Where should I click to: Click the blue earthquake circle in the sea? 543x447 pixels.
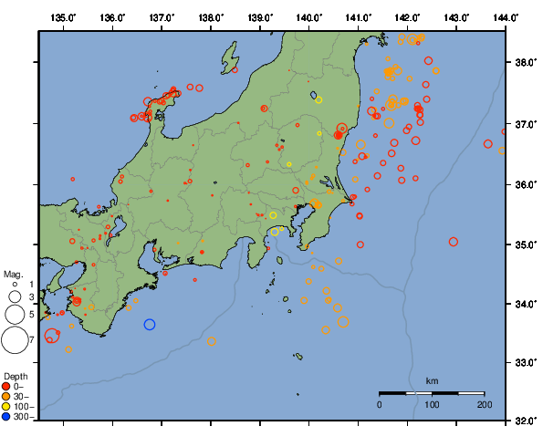[x=150, y=324]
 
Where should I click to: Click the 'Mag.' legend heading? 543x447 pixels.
[x=12, y=274]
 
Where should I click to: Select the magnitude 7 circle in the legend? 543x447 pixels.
[x=15, y=340]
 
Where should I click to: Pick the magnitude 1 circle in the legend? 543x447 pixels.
[x=15, y=286]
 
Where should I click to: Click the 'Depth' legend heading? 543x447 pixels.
[x=16, y=376]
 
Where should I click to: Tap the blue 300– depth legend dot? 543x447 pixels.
[x=6, y=417]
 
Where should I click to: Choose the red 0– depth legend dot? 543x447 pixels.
[x=6, y=387]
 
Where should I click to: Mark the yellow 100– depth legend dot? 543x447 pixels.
[x=6, y=407]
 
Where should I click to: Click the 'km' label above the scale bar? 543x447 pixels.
[x=433, y=380]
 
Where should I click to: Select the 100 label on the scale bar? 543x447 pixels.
[x=432, y=403]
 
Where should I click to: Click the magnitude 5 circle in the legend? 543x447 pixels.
[x=15, y=315]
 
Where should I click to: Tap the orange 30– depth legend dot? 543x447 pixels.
[x=6, y=397]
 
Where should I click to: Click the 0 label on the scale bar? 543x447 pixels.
[x=380, y=403]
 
